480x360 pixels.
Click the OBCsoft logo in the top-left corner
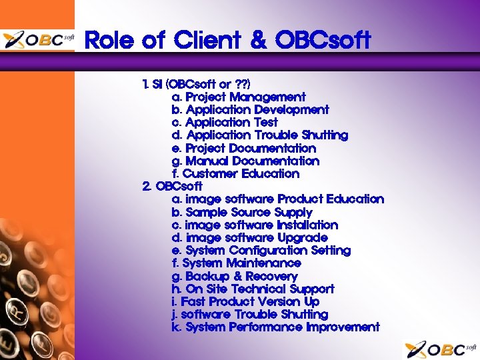[38, 40]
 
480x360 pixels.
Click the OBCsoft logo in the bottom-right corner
[440, 348]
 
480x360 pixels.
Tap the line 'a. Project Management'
[239, 97]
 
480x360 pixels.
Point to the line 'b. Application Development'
[250, 110]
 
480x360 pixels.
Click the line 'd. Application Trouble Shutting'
[259, 135]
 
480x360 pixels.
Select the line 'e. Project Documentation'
[243, 148]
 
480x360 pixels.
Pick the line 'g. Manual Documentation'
[245, 161]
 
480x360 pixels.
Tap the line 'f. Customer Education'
[235, 174]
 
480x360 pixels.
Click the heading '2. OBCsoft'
[172, 187]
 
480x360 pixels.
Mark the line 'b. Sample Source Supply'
[241, 212]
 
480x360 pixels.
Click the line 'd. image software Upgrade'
[249, 237]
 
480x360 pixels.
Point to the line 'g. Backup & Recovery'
[235, 276]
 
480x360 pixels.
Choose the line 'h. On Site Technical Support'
[253, 289]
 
